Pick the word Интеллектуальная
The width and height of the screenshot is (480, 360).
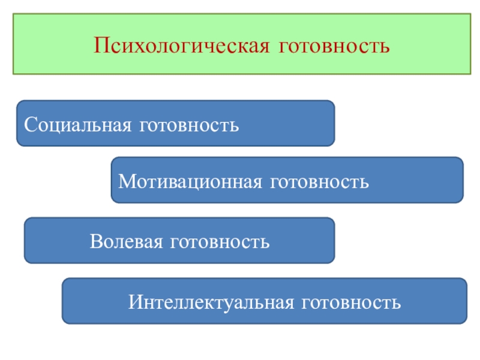click(210, 302)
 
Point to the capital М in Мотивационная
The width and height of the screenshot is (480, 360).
click(125, 181)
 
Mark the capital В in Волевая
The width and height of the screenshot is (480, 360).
click(95, 242)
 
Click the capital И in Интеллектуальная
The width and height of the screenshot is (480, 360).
click(134, 302)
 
